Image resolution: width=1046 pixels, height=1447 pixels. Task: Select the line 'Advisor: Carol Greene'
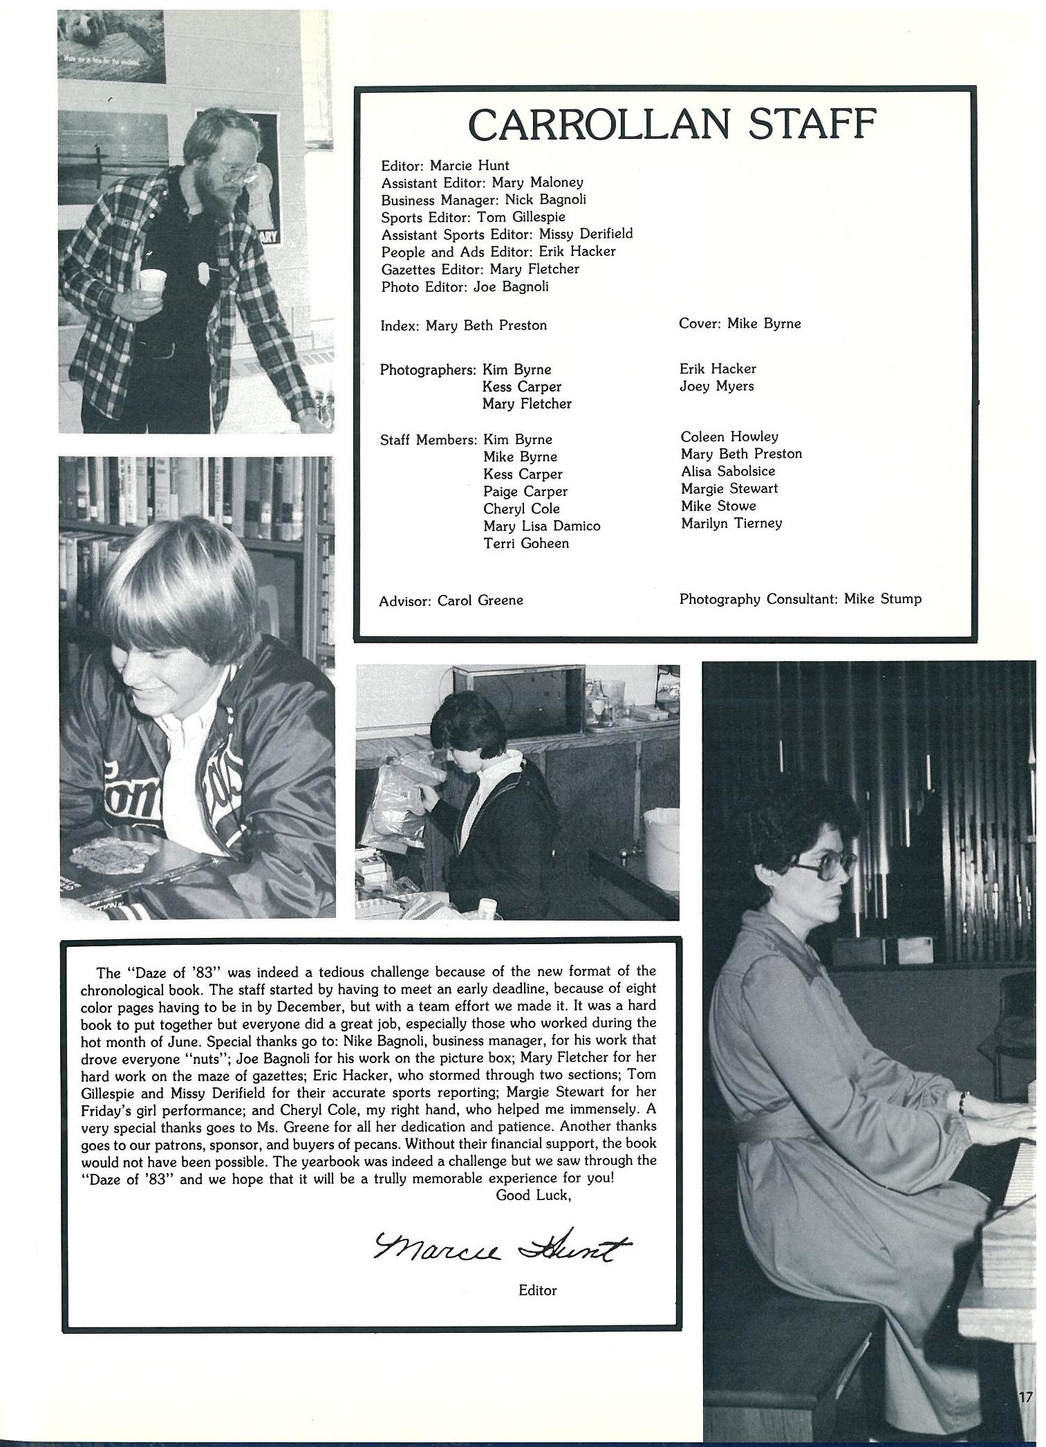451,601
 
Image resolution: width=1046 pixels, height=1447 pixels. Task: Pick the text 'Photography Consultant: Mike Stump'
800,599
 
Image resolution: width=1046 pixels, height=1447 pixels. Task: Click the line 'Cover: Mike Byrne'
740,324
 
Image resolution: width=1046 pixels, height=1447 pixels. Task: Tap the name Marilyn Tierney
731,523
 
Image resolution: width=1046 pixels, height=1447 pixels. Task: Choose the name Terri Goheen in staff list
525,544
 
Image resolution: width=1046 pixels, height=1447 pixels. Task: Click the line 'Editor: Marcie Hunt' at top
445,166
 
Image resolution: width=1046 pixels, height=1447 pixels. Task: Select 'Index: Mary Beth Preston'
463,325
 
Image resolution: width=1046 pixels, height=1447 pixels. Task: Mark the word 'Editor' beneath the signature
537,1290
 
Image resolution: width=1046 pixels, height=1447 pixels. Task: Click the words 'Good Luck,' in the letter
533,1195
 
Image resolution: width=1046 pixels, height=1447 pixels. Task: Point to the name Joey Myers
716,387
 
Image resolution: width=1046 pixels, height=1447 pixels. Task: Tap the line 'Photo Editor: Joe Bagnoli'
465,287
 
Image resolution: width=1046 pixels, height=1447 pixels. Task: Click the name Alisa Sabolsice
727,471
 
